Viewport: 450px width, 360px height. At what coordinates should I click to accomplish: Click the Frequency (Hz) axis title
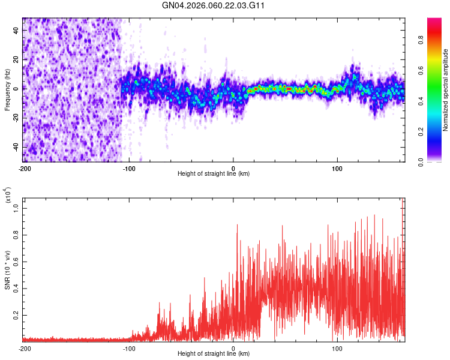(x=7, y=90)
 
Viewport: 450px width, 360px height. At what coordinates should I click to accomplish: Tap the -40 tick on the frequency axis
(x=16, y=147)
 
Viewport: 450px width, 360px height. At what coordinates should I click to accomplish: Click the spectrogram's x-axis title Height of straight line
(x=214, y=173)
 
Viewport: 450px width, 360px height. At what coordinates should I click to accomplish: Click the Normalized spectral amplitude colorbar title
(x=446, y=90)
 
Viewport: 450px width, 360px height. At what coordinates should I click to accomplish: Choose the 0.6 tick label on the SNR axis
(x=17, y=262)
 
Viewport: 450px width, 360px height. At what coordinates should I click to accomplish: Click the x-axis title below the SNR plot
(x=214, y=354)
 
